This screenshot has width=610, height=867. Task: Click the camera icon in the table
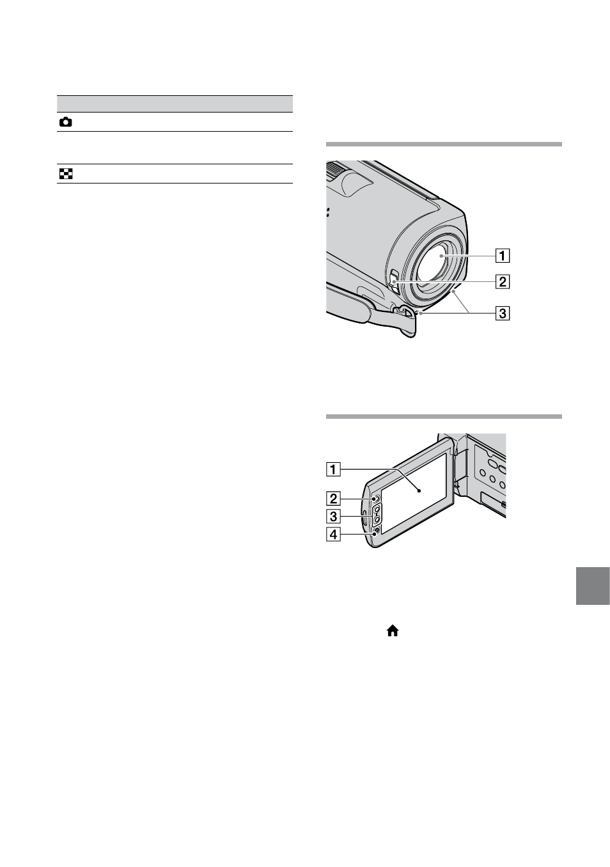pyautogui.click(x=65, y=122)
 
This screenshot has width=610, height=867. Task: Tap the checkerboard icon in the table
pyautogui.click(x=65, y=174)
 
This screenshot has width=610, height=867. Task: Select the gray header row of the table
pyautogui.click(x=175, y=104)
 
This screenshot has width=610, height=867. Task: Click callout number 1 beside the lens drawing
pyautogui.click(x=503, y=256)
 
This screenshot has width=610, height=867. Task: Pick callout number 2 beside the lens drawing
pyautogui.click(x=503, y=282)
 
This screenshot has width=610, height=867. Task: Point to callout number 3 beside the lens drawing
pyautogui.click(x=503, y=313)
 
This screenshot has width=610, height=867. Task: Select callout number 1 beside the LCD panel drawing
pyautogui.click(x=333, y=469)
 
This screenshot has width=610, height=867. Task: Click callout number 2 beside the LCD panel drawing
pyautogui.click(x=333, y=499)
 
